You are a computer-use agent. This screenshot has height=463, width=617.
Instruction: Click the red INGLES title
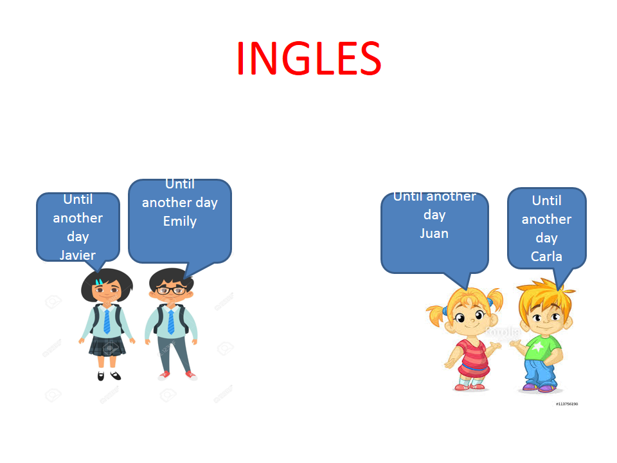pos(309,59)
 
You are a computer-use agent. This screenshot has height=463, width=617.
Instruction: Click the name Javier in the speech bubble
pos(78,255)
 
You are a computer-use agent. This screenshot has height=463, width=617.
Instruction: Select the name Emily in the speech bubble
pos(180,221)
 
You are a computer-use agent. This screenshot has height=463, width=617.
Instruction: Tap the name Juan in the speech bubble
pos(434,233)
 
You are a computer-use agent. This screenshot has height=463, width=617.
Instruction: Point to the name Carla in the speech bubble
pos(546,257)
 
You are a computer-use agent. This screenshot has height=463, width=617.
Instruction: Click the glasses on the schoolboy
pos(172,291)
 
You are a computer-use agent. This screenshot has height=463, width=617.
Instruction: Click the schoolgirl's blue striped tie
pos(107,322)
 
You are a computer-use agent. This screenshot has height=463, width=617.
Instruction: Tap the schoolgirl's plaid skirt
pos(107,346)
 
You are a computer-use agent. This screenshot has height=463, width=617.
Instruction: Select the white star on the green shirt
pos(537,346)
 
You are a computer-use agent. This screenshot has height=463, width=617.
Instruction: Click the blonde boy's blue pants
pos(541,373)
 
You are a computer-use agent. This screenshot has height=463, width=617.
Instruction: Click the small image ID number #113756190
pos(567,404)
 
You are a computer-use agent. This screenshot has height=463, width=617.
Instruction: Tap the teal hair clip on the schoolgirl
pos(99,282)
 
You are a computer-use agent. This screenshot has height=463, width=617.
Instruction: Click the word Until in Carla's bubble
pos(546,201)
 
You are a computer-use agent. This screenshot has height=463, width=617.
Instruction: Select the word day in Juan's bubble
pos(434,215)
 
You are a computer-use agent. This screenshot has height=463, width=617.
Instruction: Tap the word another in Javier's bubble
pos(78,218)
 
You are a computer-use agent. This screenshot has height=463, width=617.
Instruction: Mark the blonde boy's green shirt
pos(542,347)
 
